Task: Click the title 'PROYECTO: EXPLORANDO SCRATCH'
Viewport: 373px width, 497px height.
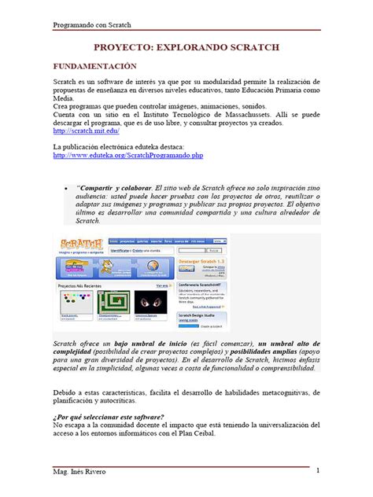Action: coord(186,48)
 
